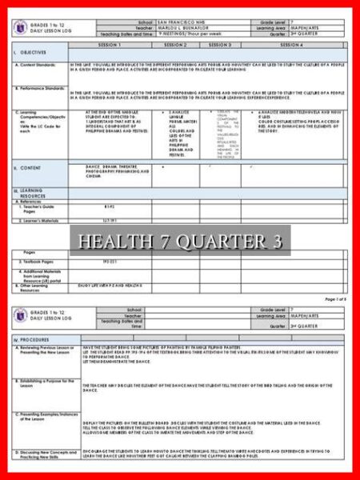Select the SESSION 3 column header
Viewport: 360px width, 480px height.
tap(220, 45)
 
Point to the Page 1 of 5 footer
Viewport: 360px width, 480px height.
tap(335, 298)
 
